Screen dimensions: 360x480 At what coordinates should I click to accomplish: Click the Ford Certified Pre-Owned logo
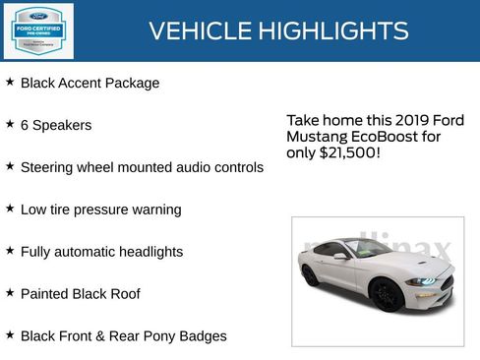38,30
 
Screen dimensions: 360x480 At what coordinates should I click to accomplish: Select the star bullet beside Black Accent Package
9,83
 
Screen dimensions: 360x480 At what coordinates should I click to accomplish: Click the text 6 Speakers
56,125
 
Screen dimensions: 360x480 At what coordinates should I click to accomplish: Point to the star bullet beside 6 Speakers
9,125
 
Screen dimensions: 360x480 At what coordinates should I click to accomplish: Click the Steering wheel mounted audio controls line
142,167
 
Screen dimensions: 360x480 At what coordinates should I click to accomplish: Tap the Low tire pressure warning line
100,210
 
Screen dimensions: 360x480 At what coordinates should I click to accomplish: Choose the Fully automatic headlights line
101,252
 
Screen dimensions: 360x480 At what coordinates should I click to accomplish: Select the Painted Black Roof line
80,294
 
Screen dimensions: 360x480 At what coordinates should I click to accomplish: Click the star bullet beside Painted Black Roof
9,293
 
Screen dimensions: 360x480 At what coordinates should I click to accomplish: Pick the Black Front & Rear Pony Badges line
123,336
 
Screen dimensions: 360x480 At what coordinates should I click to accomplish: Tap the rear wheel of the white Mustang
311,276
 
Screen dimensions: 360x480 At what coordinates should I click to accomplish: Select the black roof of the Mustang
354,242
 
